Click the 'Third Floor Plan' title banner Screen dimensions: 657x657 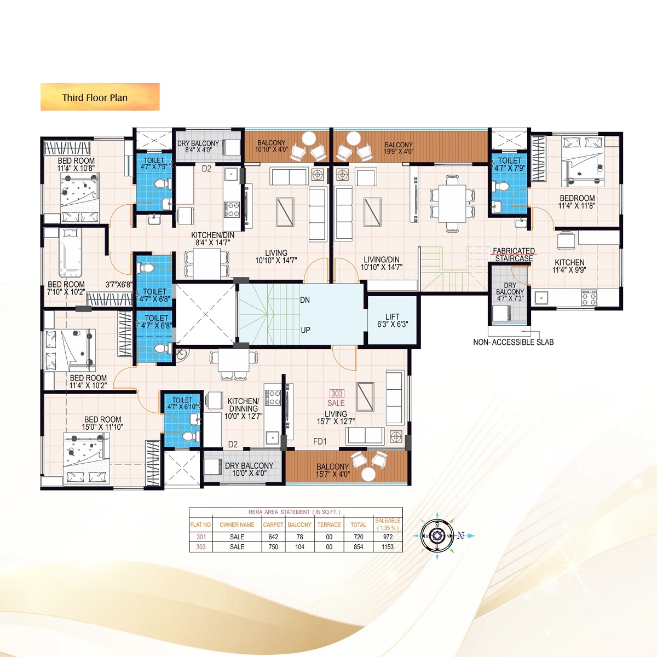click(100, 97)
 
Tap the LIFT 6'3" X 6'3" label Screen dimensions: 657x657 click(393, 320)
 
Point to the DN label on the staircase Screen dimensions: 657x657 click(305, 300)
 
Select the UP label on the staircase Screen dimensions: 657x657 click(306, 330)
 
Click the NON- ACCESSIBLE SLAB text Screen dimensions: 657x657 click(513, 342)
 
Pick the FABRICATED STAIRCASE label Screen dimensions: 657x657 click(514, 255)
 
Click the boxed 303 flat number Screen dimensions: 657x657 click(337, 394)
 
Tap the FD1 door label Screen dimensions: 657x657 click(320, 441)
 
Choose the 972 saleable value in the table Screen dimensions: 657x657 click(388, 537)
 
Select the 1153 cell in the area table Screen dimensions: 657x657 click(388, 547)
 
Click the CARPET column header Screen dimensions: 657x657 click(273, 525)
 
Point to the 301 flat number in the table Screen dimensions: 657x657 click(201, 537)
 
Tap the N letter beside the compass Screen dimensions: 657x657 click(461, 535)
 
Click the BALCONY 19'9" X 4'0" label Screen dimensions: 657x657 click(399, 148)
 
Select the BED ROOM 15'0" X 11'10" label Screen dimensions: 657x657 click(102, 423)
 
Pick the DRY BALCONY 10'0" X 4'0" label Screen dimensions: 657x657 click(249, 469)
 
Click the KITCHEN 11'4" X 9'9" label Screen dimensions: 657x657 click(569, 266)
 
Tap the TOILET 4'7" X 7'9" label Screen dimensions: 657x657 click(510, 164)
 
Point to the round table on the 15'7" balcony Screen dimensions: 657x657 click(368, 474)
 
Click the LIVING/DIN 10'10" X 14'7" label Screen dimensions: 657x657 click(381, 263)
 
